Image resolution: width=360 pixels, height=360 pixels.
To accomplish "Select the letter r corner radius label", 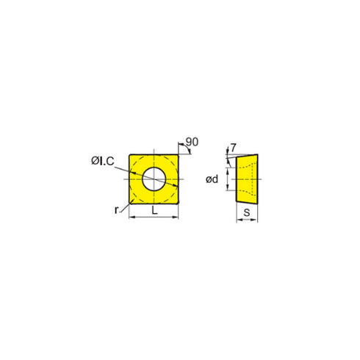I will point(118,210).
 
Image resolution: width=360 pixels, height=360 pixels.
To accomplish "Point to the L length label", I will point(154,211).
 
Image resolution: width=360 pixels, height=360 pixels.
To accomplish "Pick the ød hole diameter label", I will point(212,178).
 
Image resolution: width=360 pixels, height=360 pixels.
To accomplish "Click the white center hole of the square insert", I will point(154,178).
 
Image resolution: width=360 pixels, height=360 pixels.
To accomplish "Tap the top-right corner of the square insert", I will point(180,154).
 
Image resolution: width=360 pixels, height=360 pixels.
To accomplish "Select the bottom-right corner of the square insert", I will point(180,203).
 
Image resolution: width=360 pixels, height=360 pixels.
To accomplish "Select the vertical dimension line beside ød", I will point(226,178).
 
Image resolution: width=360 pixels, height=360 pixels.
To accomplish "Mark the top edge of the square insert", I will point(154,154).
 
